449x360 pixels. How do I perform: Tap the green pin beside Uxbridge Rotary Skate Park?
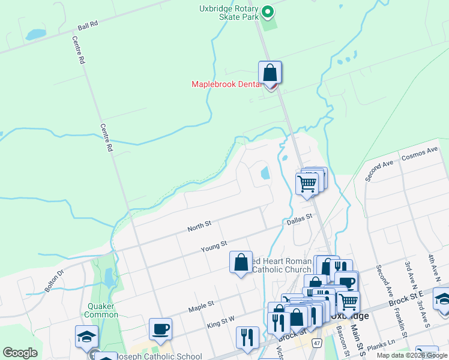tap(268, 11)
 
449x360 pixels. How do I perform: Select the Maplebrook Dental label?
tap(227, 84)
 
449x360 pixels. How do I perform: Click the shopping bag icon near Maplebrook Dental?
tap(270, 73)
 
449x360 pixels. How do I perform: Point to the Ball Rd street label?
tap(88, 28)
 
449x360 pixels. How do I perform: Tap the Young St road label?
tap(214, 245)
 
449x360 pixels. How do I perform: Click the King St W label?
tap(221, 323)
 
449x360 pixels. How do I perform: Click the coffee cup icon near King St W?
tap(160, 328)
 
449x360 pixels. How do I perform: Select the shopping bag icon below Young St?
tap(241, 262)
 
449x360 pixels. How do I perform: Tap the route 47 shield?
tap(317, 341)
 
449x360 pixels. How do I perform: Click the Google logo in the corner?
tap(20, 353)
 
